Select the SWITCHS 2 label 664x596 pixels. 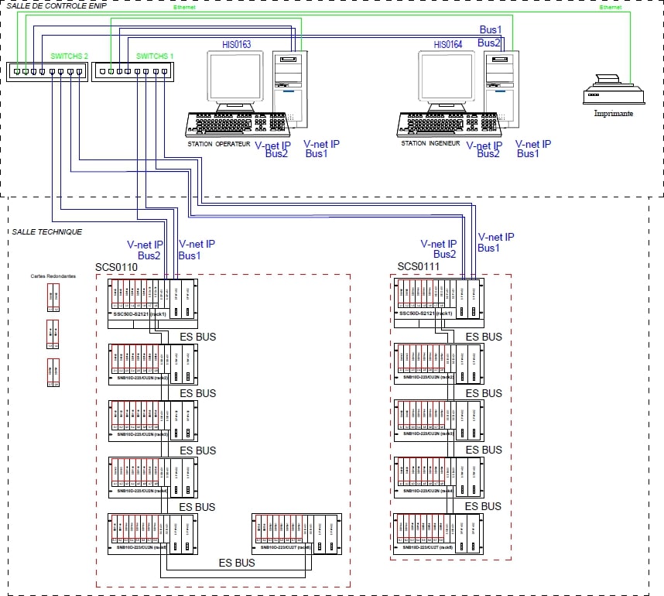[70, 57]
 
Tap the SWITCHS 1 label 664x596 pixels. [155, 57]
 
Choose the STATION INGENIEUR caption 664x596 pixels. [430, 143]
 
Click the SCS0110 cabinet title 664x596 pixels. [116, 268]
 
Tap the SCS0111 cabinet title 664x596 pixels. [418, 267]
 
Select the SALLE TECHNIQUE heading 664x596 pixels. [47, 231]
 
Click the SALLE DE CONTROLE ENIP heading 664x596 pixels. [56, 5]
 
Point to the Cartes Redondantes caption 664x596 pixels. [53, 276]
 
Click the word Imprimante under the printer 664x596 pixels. [613, 113]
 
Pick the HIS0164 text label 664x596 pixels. [447, 45]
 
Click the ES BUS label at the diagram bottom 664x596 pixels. [237, 563]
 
